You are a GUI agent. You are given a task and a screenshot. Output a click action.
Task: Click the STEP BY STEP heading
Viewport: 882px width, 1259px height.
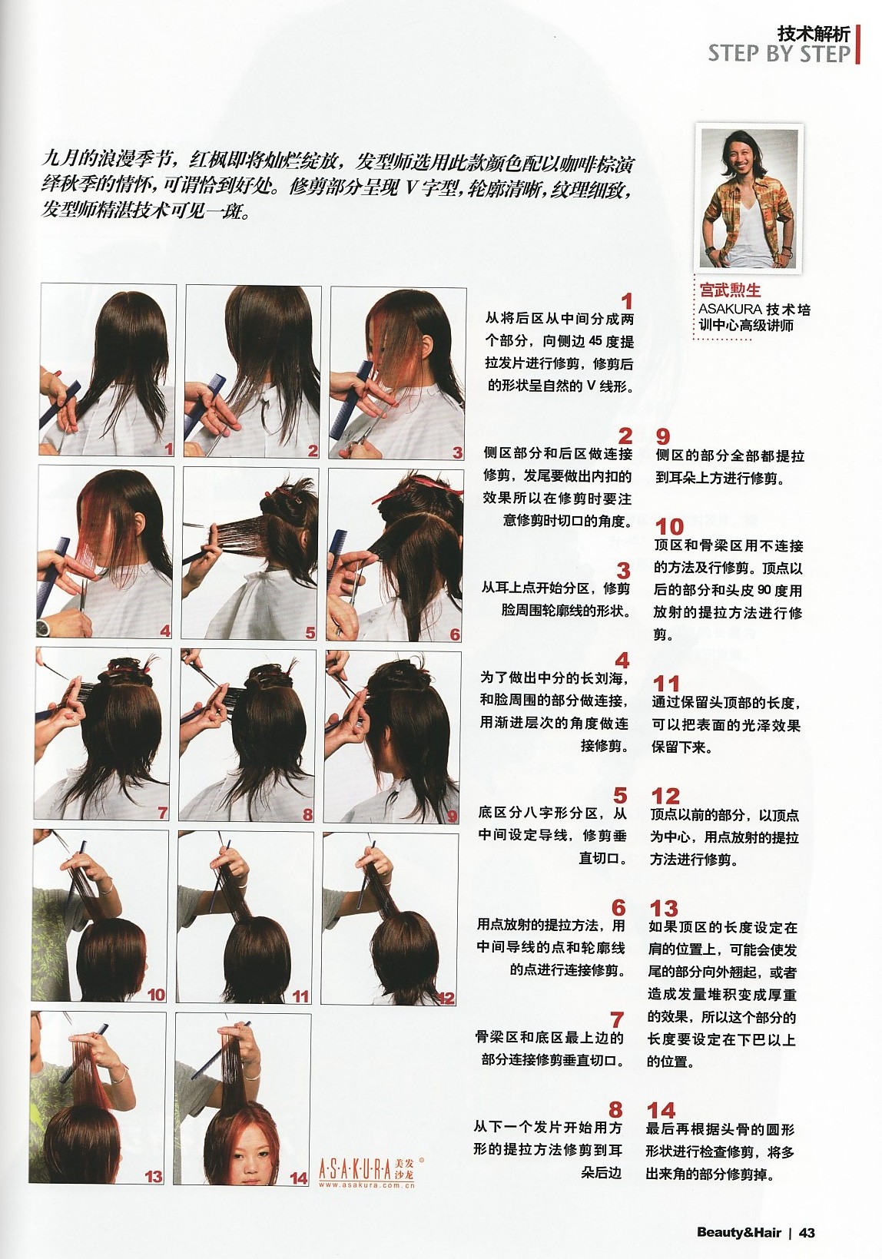(x=780, y=54)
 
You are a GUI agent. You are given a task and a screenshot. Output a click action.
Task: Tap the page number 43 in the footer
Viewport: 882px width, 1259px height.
(x=807, y=1232)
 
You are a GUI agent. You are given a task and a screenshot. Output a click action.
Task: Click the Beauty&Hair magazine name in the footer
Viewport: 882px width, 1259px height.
(x=738, y=1232)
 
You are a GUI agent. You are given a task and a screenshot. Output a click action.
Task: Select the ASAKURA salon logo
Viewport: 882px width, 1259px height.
(x=372, y=1172)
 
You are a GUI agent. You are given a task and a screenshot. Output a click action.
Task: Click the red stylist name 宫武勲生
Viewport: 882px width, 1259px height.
(x=730, y=290)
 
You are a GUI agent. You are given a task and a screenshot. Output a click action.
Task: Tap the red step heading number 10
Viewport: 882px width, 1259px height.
(x=669, y=527)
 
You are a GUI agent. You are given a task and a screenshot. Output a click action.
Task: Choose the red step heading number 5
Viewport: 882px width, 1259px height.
(x=619, y=795)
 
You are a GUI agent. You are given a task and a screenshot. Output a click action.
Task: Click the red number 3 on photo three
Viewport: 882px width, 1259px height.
(x=458, y=452)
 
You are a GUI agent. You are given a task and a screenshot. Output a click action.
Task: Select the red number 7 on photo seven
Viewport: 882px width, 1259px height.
(x=162, y=813)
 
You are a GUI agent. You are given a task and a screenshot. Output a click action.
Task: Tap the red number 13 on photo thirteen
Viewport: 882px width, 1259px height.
(x=153, y=1176)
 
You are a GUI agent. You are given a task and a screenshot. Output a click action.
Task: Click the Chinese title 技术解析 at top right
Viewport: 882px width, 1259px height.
(x=814, y=34)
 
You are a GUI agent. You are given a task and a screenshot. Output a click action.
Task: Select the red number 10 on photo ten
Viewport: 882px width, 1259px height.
(x=156, y=994)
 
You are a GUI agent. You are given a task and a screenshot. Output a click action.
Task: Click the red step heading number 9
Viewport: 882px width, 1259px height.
(x=663, y=437)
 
